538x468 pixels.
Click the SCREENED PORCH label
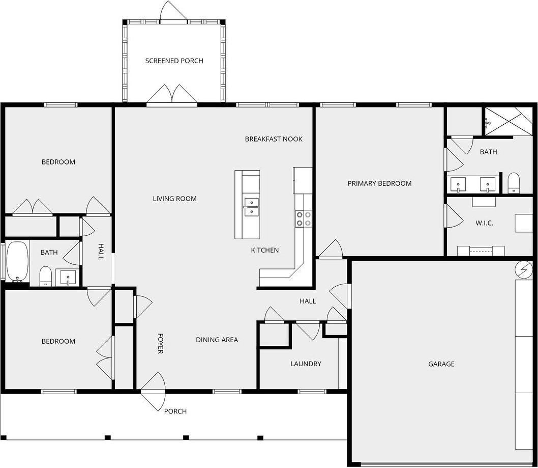tap(174, 61)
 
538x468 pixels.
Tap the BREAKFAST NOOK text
tap(274, 139)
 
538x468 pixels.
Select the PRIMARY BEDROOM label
tap(379, 183)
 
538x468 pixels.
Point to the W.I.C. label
tap(484, 223)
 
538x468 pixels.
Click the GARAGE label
tap(441, 364)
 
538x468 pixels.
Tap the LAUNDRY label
tap(306, 364)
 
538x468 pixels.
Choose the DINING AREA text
tap(217, 340)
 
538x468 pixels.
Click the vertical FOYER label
tap(160, 344)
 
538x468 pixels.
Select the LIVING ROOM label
tap(174, 199)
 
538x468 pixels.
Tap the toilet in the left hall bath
tap(46, 276)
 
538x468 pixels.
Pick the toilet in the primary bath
tap(514, 182)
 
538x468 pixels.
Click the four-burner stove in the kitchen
tap(303, 219)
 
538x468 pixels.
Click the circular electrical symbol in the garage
tap(523, 269)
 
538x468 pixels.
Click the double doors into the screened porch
tap(172, 96)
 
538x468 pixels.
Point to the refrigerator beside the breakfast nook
tap(302, 180)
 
